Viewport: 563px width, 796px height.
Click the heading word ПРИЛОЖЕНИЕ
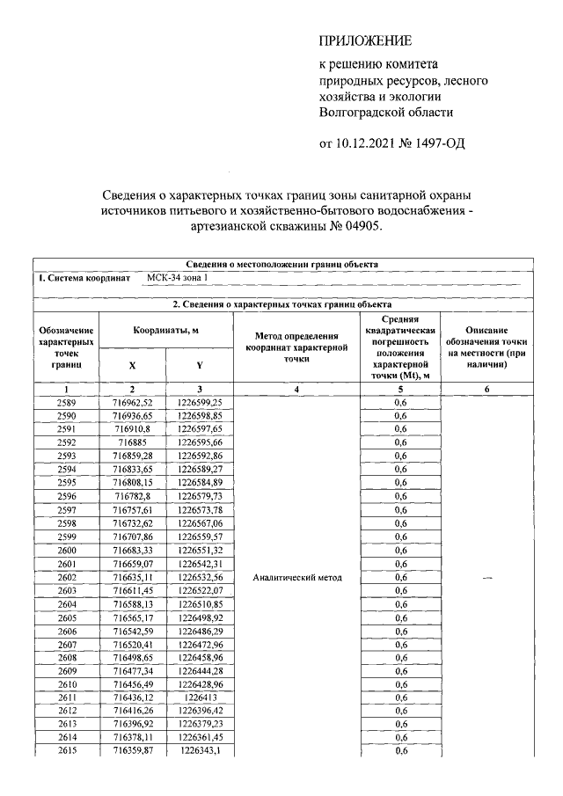click(x=364, y=41)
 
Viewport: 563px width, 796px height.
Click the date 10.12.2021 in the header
click(x=380, y=144)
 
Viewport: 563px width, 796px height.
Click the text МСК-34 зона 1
click(x=177, y=278)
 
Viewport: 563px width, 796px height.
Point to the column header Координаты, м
click(x=165, y=331)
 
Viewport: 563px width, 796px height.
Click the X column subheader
click(x=132, y=364)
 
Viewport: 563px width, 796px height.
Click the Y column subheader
click(x=200, y=364)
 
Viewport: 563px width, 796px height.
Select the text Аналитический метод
click(x=296, y=578)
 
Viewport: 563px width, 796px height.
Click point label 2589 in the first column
click(x=66, y=401)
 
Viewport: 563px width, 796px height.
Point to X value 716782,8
click(x=132, y=495)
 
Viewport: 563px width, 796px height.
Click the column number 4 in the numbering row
click(x=296, y=388)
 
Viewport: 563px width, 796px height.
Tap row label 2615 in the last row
click(x=66, y=750)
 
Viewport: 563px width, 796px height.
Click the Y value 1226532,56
click(x=200, y=578)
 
